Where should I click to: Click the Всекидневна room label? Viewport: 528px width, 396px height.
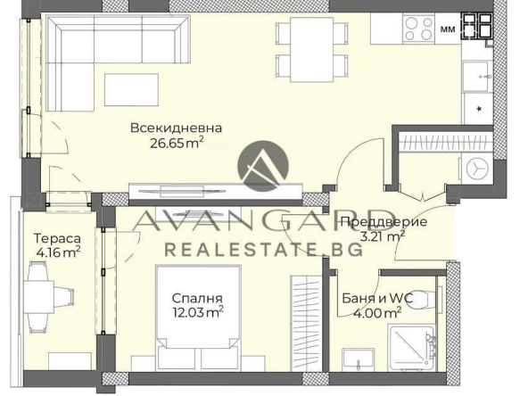point(176,128)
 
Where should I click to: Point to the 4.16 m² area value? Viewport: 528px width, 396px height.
point(57,252)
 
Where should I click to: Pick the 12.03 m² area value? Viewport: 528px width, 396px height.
point(198,311)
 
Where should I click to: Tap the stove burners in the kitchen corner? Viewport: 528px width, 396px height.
point(477,26)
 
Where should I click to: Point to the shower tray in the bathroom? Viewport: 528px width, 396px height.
point(413,348)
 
